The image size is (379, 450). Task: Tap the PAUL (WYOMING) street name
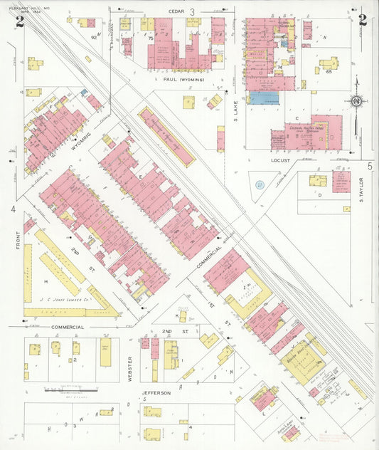[x=183, y=80]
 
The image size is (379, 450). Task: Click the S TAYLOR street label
[x=361, y=189]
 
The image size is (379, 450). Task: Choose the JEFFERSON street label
[x=156, y=392]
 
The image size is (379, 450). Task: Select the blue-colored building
[x=263, y=98]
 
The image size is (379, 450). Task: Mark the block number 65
[x=329, y=71]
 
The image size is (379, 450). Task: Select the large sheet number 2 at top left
[x=19, y=21]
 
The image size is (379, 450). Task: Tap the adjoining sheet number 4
[x=13, y=209]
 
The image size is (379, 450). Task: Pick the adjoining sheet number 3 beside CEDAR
[x=192, y=12]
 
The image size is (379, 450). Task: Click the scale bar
[x=70, y=389]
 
